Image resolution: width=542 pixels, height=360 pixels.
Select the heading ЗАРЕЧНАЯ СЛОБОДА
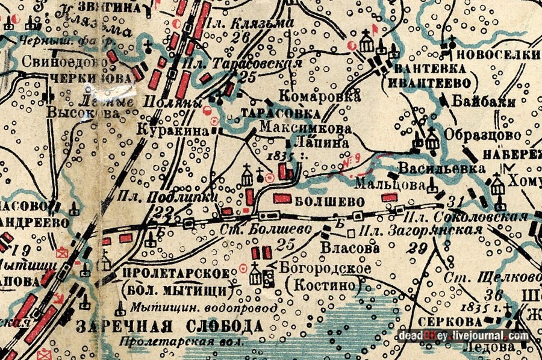pyautogui.click(x=170, y=327)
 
